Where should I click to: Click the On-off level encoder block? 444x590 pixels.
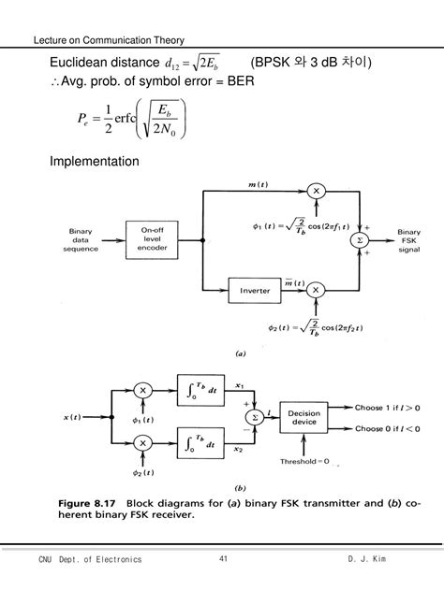pyautogui.click(x=152, y=239)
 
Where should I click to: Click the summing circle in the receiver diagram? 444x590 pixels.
pyautogui.click(x=249, y=417)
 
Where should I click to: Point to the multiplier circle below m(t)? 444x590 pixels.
pyautogui.click(x=316, y=191)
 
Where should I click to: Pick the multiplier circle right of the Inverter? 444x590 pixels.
pyautogui.click(x=316, y=290)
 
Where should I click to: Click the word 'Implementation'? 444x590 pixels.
pyautogui.click(x=95, y=162)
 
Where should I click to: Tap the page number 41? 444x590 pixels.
pyautogui.click(x=223, y=559)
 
